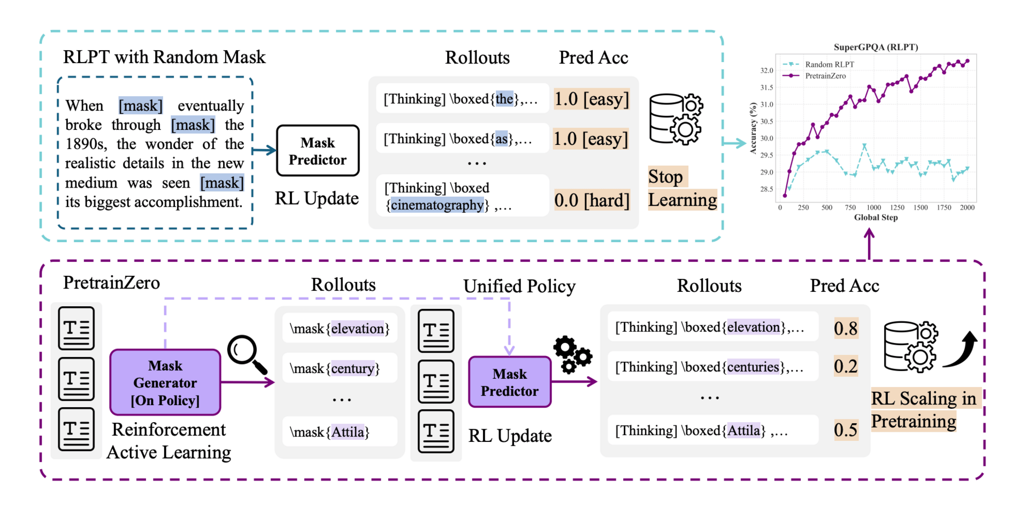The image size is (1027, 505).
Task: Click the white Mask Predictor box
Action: tap(318, 151)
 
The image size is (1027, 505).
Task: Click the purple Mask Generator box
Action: tap(165, 383)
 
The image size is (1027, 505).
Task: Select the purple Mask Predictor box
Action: tap(510, 382)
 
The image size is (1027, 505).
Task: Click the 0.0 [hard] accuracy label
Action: tap(592, 200)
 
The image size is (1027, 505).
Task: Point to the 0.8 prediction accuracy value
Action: tap(846, 328)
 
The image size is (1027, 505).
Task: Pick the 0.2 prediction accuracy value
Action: tap(846, 366)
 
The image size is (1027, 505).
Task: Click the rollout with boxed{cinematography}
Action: tap(462, 196)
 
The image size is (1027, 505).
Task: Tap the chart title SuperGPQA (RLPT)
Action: tap(876, 47)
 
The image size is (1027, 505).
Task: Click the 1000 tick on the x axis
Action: tap(873, 207)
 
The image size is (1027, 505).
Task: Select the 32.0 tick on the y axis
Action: tap(767, 71)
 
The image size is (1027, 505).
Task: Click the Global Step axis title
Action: tap(876, 217)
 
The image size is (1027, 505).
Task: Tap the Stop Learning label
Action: tap(681, 188)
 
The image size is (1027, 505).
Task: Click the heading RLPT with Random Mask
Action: tap(164, 57)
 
